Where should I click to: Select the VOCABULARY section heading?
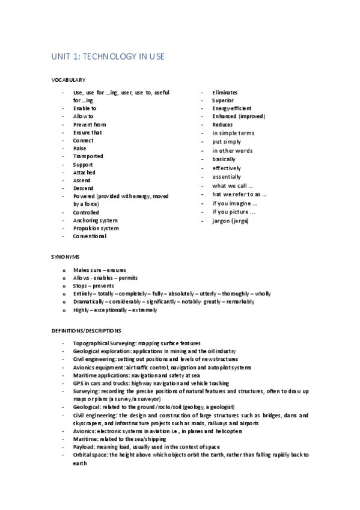(68, 79)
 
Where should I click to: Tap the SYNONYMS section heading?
(65, 256)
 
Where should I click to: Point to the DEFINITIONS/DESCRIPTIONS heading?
(86, 330)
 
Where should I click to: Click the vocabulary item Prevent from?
(90, 124)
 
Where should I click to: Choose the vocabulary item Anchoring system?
(96, 220)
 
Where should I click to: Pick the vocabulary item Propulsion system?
(96, 229)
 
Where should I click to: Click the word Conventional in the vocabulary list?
(90, 236)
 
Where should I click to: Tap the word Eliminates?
(225, 93)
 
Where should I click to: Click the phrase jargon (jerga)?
(230, 221)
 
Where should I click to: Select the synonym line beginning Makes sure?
(100, 269)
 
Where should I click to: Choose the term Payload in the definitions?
(83, 447)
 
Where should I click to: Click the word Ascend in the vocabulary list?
(82, 180)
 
